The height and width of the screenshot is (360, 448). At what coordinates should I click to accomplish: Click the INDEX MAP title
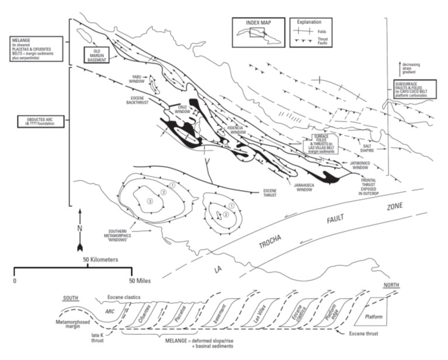pyautogui.click(x=258, y=23)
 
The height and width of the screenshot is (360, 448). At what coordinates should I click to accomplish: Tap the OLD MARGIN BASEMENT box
pyautogui.click(x=97, y=53)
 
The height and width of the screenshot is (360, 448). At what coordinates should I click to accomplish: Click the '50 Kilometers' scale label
pyautogui.click(x=102, y=258)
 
